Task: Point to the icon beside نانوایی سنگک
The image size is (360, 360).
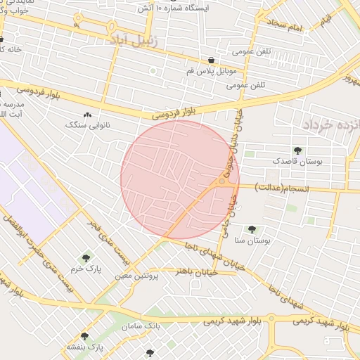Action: click(87, 115)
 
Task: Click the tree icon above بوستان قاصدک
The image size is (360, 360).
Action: click(298, 150)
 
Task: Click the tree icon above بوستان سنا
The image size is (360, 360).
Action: click(251, 229)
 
